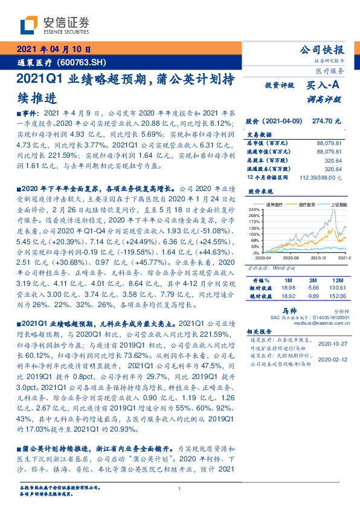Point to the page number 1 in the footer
coord(179,490)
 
